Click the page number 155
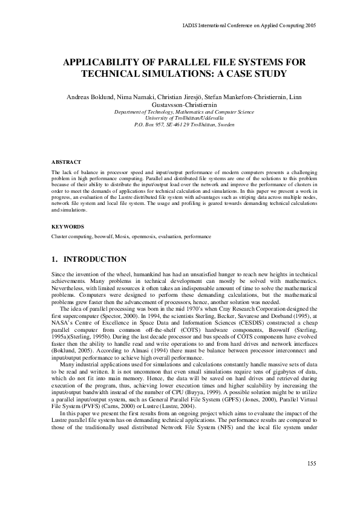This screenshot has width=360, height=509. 312,480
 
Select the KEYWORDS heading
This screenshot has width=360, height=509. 67,226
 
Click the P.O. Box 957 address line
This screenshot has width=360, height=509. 180,125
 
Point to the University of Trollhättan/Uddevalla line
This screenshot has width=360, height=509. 180,118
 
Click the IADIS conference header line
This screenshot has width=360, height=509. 249,25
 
